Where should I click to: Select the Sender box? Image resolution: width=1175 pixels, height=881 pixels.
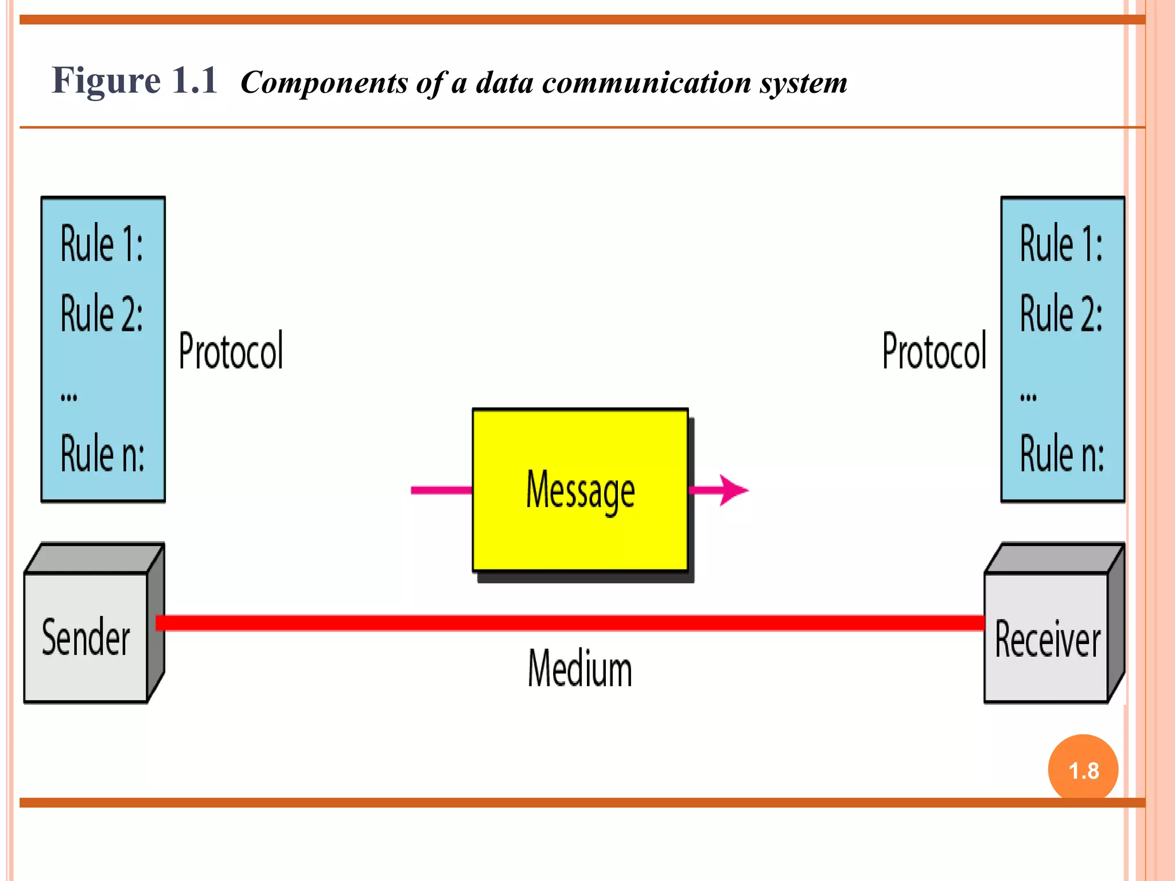(x=86, y=637)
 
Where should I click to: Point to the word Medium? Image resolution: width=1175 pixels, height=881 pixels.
(x=579, y=669)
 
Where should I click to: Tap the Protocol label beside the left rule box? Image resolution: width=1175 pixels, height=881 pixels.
(x=231, y=350)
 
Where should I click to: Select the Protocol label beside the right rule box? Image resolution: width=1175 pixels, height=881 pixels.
(x=934, y=350)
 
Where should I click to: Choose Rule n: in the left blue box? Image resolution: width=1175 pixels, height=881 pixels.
(x=103, y=454)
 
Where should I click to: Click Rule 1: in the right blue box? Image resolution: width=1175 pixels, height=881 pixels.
(x=1061, y=244)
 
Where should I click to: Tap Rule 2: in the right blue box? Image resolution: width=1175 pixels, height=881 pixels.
(x=1061, y=314)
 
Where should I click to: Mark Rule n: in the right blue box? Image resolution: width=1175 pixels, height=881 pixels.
(x=1062, y=454)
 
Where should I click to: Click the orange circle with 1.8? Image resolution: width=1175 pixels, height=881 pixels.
(x=1083, y=769)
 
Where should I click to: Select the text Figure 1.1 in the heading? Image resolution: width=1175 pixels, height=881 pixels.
(x=134, y=80)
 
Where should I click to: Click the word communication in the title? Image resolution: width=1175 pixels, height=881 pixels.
(x=647, y=83)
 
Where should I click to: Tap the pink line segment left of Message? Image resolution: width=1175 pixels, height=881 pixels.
(x=441, y=490)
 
